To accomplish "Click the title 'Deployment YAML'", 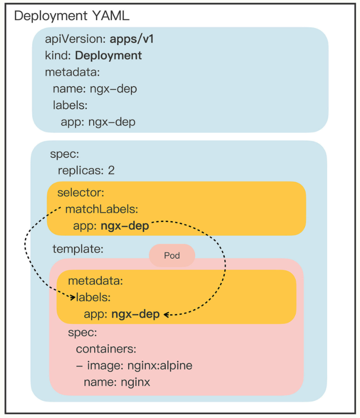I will pos(72,16).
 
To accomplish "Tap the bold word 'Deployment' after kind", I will pos(108,55).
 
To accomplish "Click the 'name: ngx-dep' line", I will pos(95,89).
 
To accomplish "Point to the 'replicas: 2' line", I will pos(86,170).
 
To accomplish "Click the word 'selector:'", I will pos(81,192).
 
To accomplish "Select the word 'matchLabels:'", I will pos(102,209).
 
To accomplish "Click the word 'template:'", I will pos(78,248).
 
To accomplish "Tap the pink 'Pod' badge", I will pos(172,256).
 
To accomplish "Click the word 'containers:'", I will pos(105,348).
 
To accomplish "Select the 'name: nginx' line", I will pos(117,382).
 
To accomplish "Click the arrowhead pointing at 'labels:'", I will pos(73,297).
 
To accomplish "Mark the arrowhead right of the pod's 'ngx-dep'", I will pos(167,315).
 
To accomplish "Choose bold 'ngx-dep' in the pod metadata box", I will pos(135,314).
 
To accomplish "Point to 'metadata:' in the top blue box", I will pos(72,72).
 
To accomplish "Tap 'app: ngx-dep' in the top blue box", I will pos(98,122).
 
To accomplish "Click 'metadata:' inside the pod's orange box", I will pos(95,281).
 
